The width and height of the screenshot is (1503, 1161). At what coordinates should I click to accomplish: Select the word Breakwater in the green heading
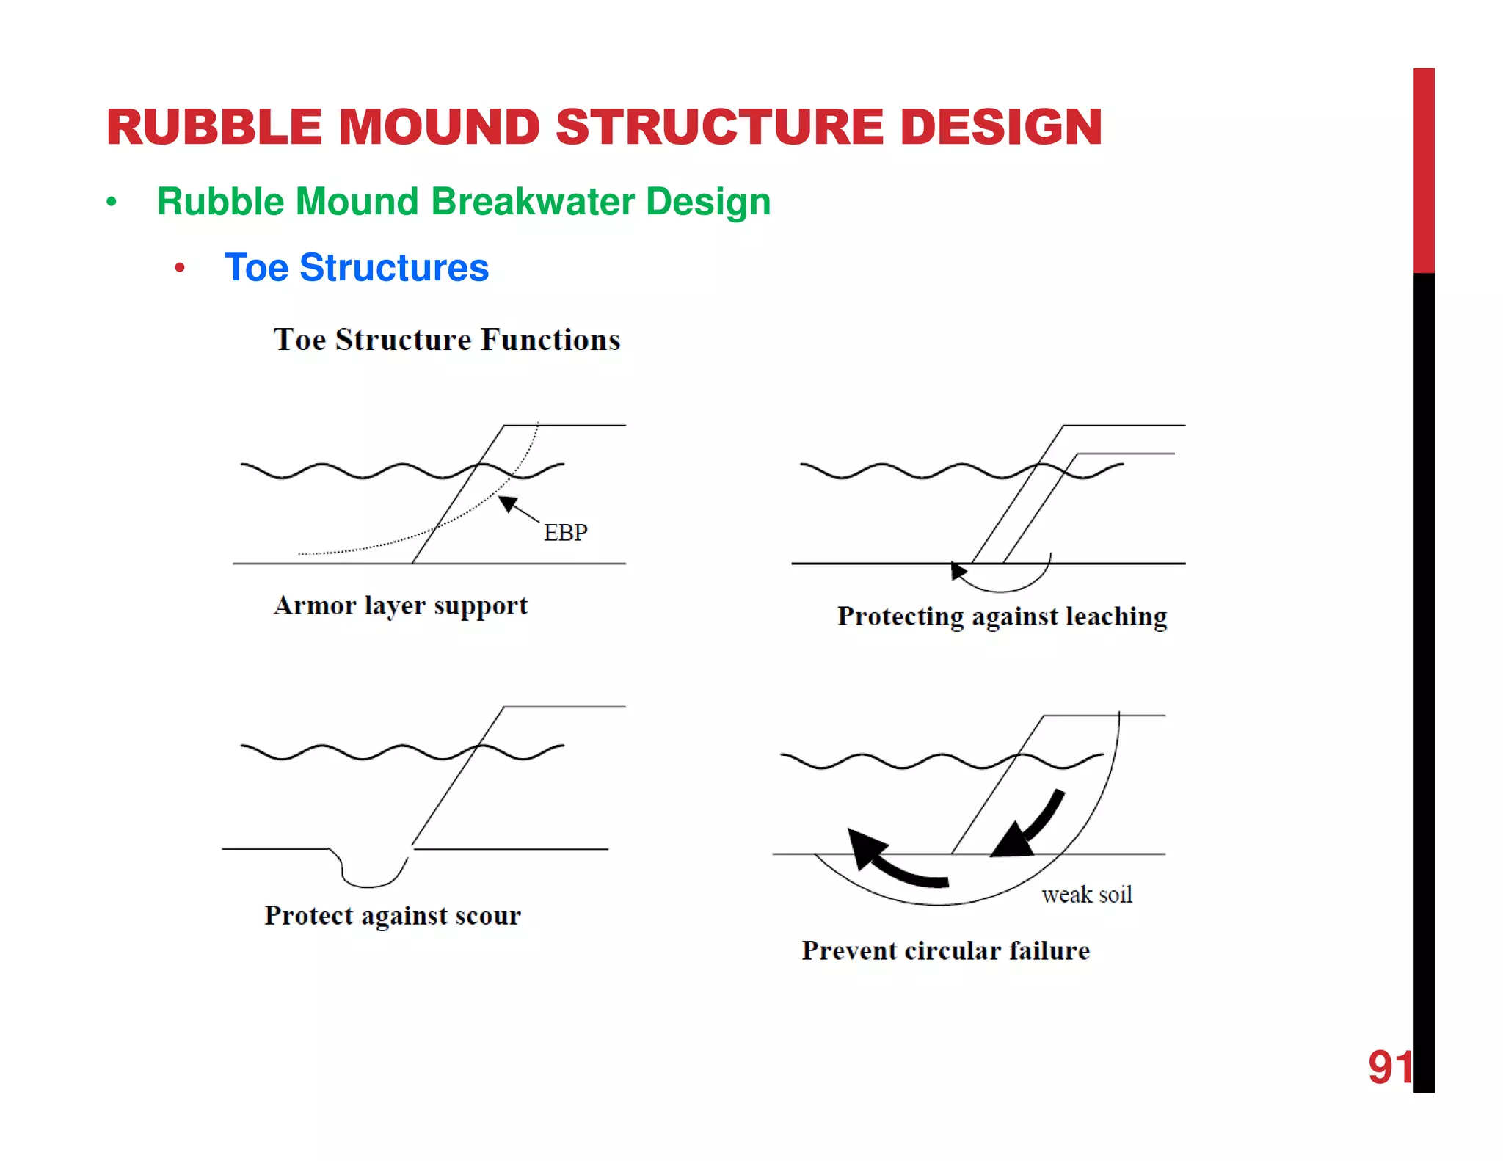(x=532, y=202)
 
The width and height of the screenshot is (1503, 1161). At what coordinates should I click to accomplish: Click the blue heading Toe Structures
(x=357, y=268)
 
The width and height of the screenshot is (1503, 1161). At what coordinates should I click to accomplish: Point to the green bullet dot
(x=112, y=202)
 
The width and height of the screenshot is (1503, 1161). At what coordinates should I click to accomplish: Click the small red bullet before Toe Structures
(x=180, y=269)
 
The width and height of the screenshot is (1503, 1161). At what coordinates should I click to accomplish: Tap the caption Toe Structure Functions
(x=447, y=340)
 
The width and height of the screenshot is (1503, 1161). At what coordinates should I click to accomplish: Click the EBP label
(x=565, y=532)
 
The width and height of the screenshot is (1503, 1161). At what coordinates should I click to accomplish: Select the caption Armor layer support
(x=401, y=606)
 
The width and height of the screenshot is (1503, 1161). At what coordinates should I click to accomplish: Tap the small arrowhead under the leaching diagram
(x=958, y=570)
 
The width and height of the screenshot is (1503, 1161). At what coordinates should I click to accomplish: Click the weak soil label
(x=1086, y=895)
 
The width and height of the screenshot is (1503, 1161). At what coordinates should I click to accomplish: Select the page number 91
(x=1389, y=1067)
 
